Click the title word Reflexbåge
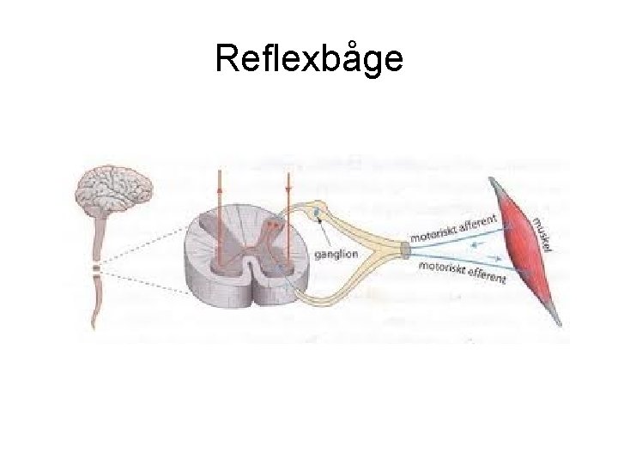(308, 59)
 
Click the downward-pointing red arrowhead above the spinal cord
(288, 185)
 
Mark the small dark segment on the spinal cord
(97, 271)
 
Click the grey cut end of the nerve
(404, 250)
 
